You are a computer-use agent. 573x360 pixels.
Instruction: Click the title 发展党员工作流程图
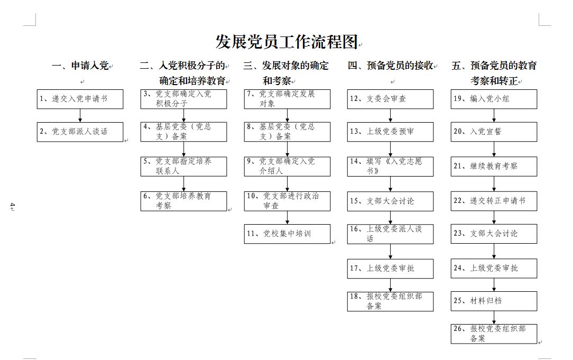pyautogui.click(x=286, y=42)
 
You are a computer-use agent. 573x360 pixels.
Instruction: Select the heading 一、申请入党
pyautogui.click(x=80, y=66)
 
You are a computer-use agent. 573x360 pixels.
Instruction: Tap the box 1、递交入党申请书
pyautogui.click(x=80, y=99)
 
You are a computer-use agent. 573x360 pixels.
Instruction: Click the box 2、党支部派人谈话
pyautogui.click(x=80, y=132)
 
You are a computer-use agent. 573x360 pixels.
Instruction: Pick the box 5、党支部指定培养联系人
pyautogui.click(x=183, y=167)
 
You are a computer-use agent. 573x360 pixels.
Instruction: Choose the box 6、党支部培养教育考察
pyautogui.click(x=183, y=201)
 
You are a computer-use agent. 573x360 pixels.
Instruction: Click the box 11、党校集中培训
pyautogui.click(x=287, y=234)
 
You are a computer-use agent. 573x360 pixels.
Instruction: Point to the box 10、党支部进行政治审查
pyautogui.click(x=287, y=201)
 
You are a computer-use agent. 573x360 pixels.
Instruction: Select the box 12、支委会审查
pyautogui.click(x=390, y=99)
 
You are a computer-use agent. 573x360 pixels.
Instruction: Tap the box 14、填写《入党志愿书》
pyautogui.click(x=390, y=167)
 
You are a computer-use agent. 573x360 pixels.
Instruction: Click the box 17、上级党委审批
pyautogui.click(x=390, y=269)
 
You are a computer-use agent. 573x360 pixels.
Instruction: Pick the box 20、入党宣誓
pyautogui.click(x=494, y=132)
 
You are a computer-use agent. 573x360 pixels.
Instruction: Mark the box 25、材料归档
pyautogui.click(x=494, y=301)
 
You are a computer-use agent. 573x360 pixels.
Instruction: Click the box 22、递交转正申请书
pyautogui.click(x=494, y=201)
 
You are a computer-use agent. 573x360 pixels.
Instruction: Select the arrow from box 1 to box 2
pyautogui.click(x=80, y=115)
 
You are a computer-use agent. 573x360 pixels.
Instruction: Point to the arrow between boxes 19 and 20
pyautogui.click(x=494, y=115)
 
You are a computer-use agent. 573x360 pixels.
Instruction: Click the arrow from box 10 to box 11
pyautogui.click(x=287, y=218)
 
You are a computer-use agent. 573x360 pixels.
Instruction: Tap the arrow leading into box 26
pyautogui.click(x=494, y=318)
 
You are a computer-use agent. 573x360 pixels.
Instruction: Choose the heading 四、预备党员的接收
pyautogui.click(x=390, y=66)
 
